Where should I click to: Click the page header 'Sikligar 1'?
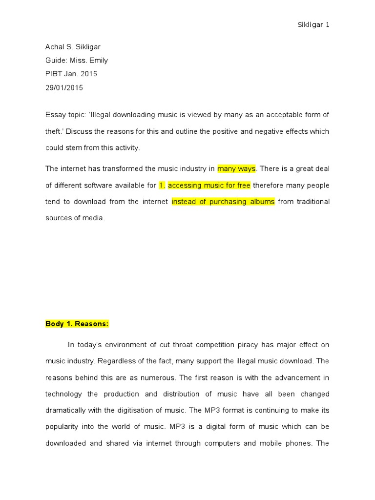tap(313, 25)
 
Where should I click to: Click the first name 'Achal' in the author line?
tap(55, 47)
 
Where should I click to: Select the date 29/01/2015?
tap(64, 88)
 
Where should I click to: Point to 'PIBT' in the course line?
tap(54, 74)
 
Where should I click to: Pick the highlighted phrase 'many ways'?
tap(236, 169)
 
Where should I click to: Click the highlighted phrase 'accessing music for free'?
tap(209, 186)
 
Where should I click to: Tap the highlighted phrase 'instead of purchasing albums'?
tap(223, 202)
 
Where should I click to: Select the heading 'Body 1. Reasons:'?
tap(77, 324)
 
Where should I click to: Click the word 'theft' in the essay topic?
tap(54, 131)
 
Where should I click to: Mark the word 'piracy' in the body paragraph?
tap(246, 345)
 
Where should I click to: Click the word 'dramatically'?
tap(64, 410)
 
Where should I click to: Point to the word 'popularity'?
tap(62, 426)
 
